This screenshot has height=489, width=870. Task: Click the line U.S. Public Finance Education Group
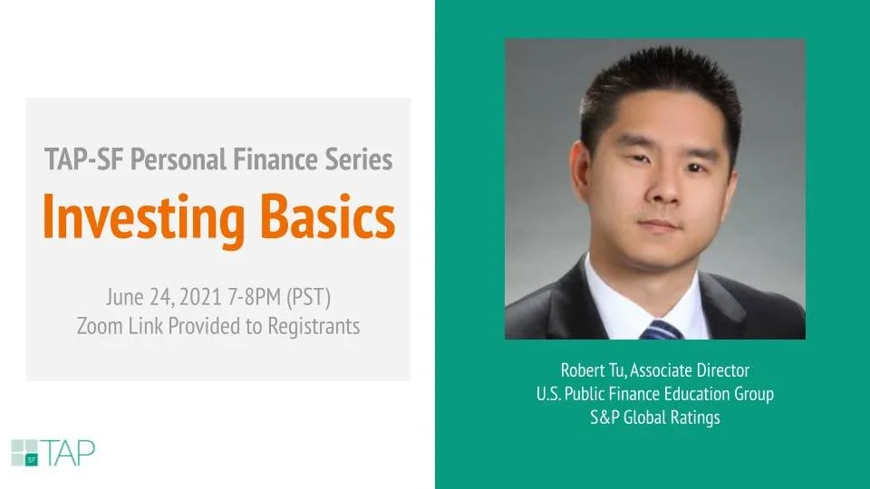(x=654, y=394)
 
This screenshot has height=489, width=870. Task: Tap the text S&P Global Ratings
(x=654, y=417)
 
